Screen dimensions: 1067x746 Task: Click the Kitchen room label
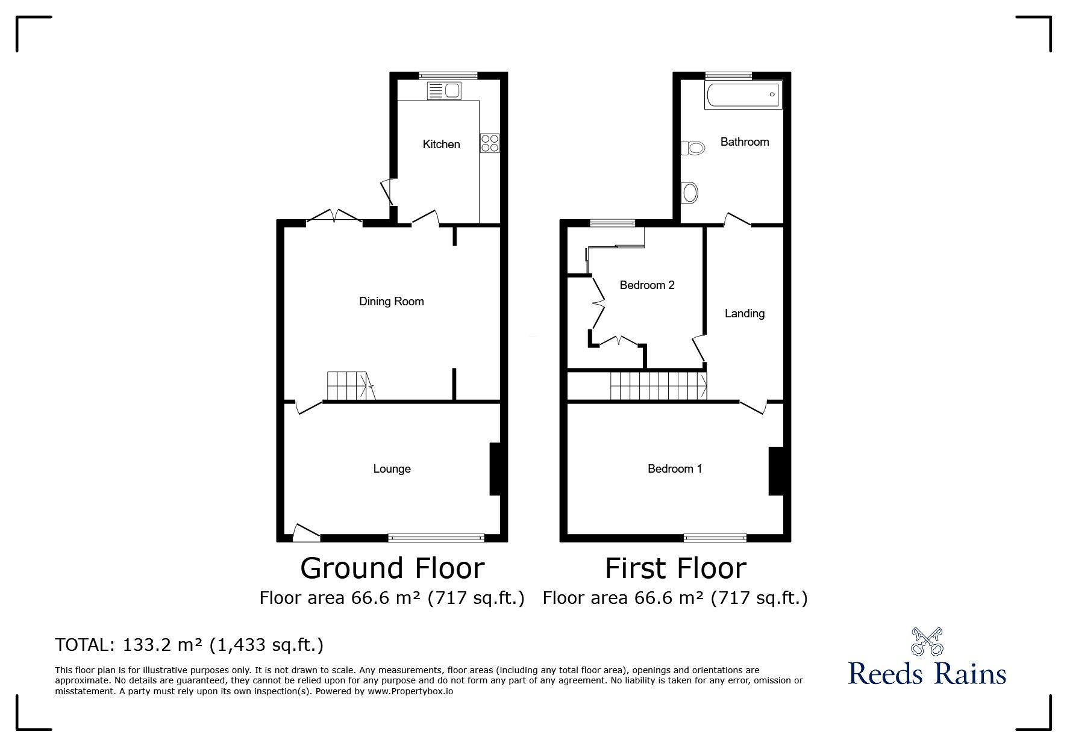coord(441,144)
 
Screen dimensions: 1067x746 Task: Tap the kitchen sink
coord(444,91)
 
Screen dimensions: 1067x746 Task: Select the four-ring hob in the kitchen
coord(490,142)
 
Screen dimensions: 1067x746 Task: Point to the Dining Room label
coord(392,302)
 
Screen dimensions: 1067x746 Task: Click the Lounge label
coord(392,468)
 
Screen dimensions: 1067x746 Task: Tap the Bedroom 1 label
coord(675,468)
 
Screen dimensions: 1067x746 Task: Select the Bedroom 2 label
coord(647,285)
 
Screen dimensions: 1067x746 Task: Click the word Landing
coord(745,313)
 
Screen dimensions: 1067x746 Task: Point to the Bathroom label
coord(745,141)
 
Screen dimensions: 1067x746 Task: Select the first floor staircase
coord(659,385)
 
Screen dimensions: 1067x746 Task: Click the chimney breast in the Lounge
coord(495,469)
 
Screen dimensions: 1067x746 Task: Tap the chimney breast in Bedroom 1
coord(775,471)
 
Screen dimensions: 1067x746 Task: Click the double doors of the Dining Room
coord(334,216)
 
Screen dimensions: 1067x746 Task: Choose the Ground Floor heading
coord(392,568)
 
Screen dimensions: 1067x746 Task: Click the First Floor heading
coord(675,568)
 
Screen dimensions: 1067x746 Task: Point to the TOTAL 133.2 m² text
coord(189,645)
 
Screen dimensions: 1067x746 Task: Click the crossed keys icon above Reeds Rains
coord(927,642)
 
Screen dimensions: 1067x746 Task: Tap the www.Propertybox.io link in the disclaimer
coord(410,691)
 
